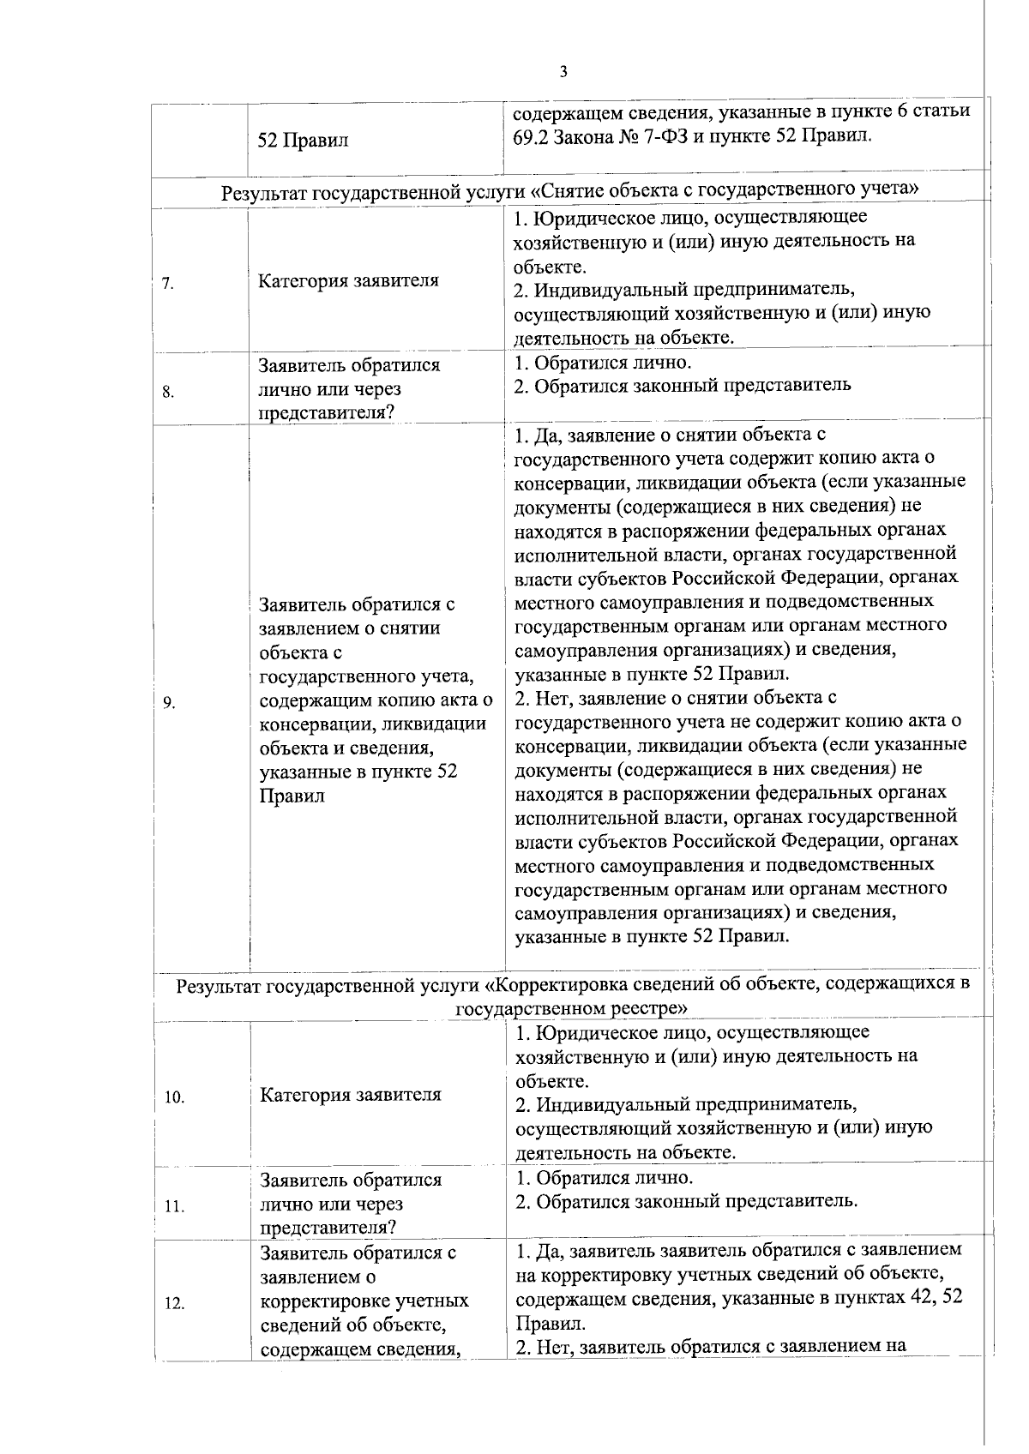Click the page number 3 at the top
563,72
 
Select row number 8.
168,394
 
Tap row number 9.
168,704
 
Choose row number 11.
174,1207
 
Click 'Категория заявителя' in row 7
348,280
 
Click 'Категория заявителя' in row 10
350,1095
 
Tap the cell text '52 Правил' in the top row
304,141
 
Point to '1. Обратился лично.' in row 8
602,363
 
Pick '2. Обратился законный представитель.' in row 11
686,1200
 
